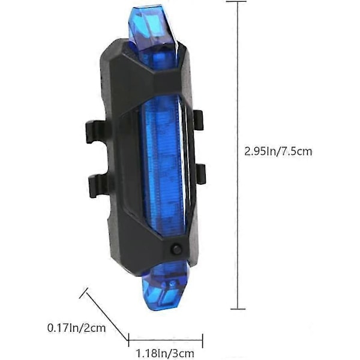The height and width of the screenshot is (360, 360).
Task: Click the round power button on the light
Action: point(176,250)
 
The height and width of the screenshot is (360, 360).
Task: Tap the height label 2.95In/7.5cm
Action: point(278,152)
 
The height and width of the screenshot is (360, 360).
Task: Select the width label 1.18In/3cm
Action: point(165,353)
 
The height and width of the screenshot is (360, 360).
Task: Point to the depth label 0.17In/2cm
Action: point(77,328)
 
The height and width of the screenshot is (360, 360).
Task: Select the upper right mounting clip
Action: point(198,120)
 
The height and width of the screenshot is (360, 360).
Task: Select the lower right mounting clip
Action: point(200,174)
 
